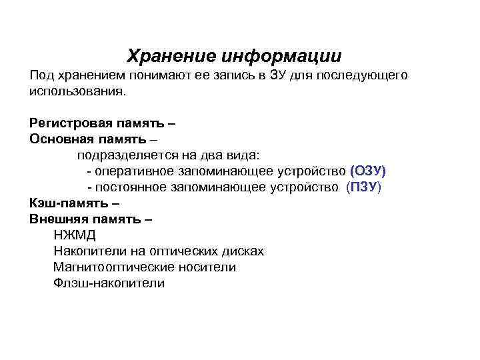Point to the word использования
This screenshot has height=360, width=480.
(x=77, y=90)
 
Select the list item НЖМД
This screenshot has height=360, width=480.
(x=75, y=235)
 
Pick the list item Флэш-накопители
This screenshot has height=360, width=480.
(x=109, y=283)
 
